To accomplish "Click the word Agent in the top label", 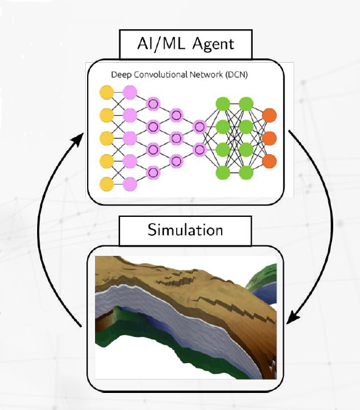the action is [x=213, y=44].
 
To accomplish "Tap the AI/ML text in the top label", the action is [x=161, y=43].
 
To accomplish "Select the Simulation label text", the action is [x=185, y=230].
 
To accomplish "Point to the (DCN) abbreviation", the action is [x=236, y=75].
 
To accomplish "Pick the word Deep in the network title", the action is [x=121, y=75].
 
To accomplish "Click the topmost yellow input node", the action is [x=107, y=93].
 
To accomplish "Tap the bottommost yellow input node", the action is [x=107, y=184].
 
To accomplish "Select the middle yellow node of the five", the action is [x=107, y=138].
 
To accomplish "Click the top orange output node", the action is [x=269, y=115].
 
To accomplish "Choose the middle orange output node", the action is [x=269, y=138].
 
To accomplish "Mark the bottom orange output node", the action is [x=269, y=161].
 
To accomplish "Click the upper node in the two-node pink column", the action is [x=200, y=127].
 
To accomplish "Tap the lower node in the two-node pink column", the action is [x=200, y=150].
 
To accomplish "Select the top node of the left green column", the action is [x=223, y=104].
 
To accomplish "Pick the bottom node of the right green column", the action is [x=246, y=172].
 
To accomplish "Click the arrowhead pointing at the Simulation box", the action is [x=293, y=317].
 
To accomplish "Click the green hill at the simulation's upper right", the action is [x=263, y=276].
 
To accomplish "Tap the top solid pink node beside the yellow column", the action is [x=130, y=93].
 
